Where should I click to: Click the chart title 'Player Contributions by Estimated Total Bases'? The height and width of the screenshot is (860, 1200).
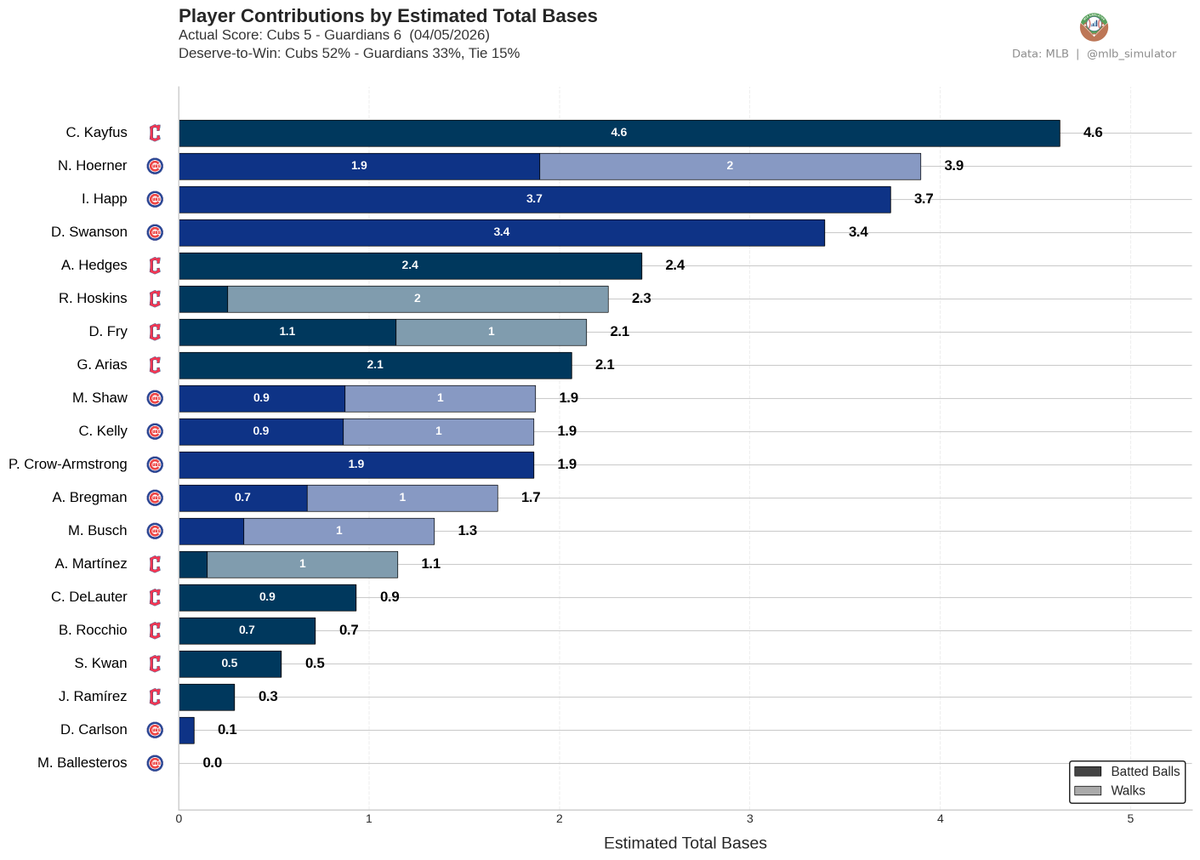click(387, 16)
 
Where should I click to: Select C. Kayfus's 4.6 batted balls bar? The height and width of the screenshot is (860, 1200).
click(619, 133)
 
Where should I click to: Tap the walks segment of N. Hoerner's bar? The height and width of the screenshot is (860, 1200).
click(730, 166)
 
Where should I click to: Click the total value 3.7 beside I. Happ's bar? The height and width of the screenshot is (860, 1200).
click(923, 199)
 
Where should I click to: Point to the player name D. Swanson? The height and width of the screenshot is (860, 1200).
click(90, 232)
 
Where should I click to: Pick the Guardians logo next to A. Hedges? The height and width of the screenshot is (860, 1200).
click(154, 265)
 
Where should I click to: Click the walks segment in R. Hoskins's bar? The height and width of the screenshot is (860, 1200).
click(417, 298)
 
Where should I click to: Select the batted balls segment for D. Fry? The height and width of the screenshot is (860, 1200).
click(287, 331)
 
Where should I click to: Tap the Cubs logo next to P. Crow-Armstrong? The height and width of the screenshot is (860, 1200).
click(154, 464)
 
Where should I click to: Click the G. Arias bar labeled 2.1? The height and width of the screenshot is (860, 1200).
click(375, 365)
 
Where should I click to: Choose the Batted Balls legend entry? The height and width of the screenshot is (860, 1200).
click(1127, 771)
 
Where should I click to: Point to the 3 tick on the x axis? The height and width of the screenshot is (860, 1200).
click(750, 819)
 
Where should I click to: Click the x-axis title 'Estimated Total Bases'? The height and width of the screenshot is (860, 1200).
click(685, 843)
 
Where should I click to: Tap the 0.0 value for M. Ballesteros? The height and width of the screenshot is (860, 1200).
click(212, 763)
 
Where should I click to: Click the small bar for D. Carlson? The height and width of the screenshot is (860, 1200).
click(186, 730)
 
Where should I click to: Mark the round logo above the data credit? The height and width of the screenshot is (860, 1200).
click(1094, 27)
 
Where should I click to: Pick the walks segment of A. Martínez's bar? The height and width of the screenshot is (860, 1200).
click(302, 564)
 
